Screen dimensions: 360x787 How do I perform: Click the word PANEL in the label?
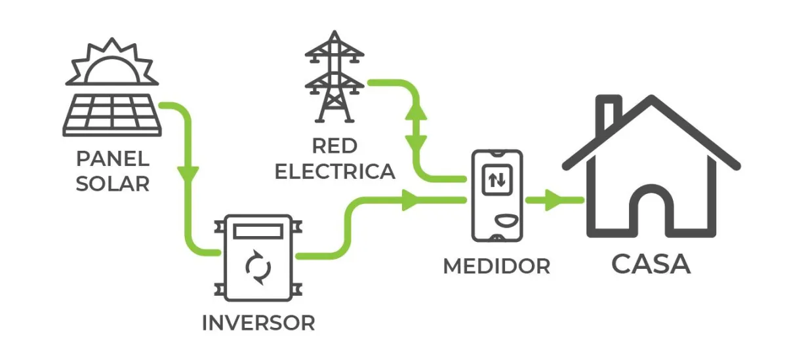pyautogui.click(x=113, y=159)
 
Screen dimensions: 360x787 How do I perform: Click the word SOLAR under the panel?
pyautogui.click(x=113, y=184)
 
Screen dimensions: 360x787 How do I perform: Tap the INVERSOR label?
pyautogui.click(x=258, y=323)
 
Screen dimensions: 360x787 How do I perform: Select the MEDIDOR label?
pyautogui.click(x=496, y=266)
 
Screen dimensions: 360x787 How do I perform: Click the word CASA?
pyautogui.click(x=651, y=264)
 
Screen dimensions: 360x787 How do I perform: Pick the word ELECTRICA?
pyautogui.click(x=334, y=171)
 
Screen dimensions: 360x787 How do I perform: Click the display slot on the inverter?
pyautogui.click(x=258, y=231)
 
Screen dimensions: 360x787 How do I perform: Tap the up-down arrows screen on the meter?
pyautogui.click(x=497, y=180)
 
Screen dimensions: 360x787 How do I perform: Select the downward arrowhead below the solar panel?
pyautogui.click(x=188, y=175)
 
